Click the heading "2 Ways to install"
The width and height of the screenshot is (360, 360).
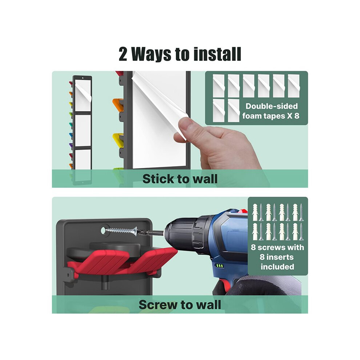pyautogui.click(x=180, y=54)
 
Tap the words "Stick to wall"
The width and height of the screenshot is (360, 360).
pyautogui.click(x=180, y=179)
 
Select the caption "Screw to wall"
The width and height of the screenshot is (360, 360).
pyautogui.click(x=180, y=305)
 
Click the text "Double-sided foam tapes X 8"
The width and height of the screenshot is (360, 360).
pyautogui.click(x=271, y=111)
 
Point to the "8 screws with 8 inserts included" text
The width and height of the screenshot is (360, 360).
pyautogui.click(x=277, y=257)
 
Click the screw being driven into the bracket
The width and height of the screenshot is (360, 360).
pyautogui.click(x=122, y=231)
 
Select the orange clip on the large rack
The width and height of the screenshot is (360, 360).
pyautogui.click(x=118, y=104)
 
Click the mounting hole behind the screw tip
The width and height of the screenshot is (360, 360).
pyautogui.click(x=104, y=230)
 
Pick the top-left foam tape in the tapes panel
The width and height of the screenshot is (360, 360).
pyautogui.click(x=219, y=86)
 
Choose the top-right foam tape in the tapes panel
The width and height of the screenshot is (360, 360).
pyautogui.click(x=294, y=86)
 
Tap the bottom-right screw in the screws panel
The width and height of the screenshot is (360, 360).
pyautogui.click(x=301, y=232)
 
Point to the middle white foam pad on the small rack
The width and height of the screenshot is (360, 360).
pyautogui.click(x=83, y=130)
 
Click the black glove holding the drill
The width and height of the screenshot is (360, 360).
pyautogui.click(x=257, y=285)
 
